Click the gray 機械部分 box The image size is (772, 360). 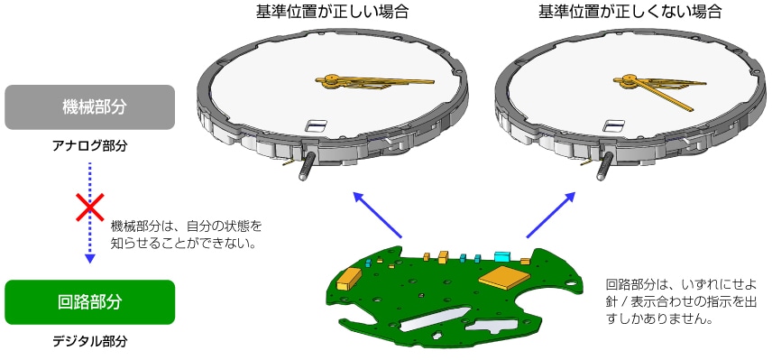[x=89, y=107]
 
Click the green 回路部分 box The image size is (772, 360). [x=89, y=301]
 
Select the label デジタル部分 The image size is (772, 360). [x=89, y=341]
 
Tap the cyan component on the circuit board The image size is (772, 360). [x=502, y=256]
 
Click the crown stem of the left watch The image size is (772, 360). [x=306, y=168]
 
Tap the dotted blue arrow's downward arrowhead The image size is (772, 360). [x=89, y=259]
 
